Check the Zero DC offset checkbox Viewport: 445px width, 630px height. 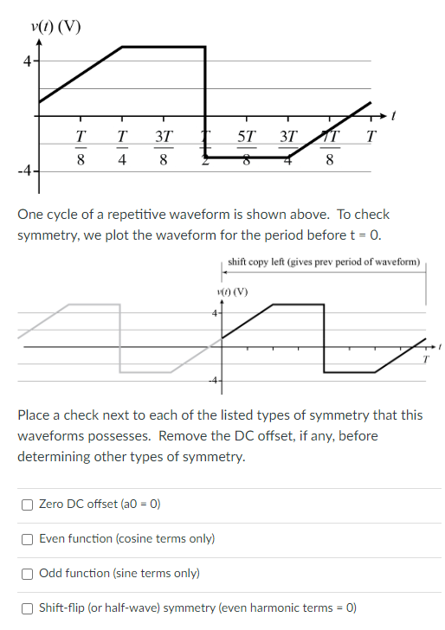click(29, 505)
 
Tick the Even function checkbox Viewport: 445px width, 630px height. click(29, 539)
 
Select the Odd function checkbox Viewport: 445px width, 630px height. click(29, 573)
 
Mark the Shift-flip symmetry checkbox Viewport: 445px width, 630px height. click(29, 607)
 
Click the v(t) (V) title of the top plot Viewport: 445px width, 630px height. click(54, 25)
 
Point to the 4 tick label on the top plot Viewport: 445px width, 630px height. click(27, 61)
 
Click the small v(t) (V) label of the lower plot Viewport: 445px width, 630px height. click(232, 291)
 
